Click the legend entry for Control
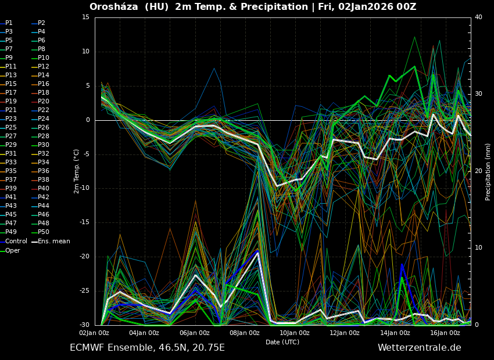coord(16,241)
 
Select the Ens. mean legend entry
coord(53,241)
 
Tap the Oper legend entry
coord(13,250)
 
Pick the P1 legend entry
coord(9,23)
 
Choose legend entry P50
coord(44,232)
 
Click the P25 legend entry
coord(11,128)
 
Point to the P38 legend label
coord(44,180)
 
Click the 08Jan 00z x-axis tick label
coord(244,333)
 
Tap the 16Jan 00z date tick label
coord(445,333)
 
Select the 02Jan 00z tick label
coord(94,333)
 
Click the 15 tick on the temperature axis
coord(86,17)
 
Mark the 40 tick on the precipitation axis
coord(478,17)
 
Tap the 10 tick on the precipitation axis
coord(478,248)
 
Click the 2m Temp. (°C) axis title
coord(77,171)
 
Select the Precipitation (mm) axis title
coord(488,172)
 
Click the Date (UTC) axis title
coord(282,342)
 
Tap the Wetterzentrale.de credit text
coord(419,348)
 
